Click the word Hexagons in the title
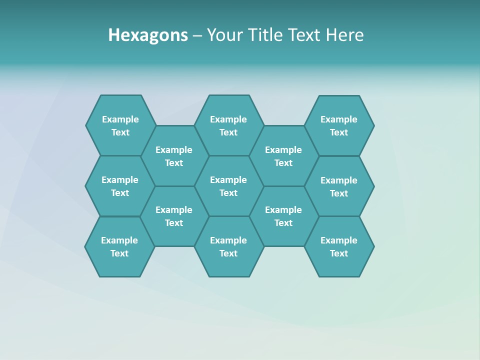(x=148, y=35)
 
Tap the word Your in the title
(x=223, y=35)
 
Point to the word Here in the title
(x=345, y=35)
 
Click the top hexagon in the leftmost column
(x=120, y=125)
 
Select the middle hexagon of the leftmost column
(x=120, y=186)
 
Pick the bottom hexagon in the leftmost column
(x=119, y=246)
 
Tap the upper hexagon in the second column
(x=174, y=156)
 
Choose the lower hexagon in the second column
(x=174, y=216)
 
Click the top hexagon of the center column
(x=228, y=125)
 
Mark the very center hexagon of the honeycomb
(x=228, y=186)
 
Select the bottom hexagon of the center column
(x=228, y=246)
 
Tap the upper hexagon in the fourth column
(x=283, y=156)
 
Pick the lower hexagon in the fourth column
(x=283, y=216)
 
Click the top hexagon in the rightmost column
(x=339, y=125)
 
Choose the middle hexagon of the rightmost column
(x=339, y=186)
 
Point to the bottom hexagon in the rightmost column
(x=339, y=246)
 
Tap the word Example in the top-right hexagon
(x=339, y=119)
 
